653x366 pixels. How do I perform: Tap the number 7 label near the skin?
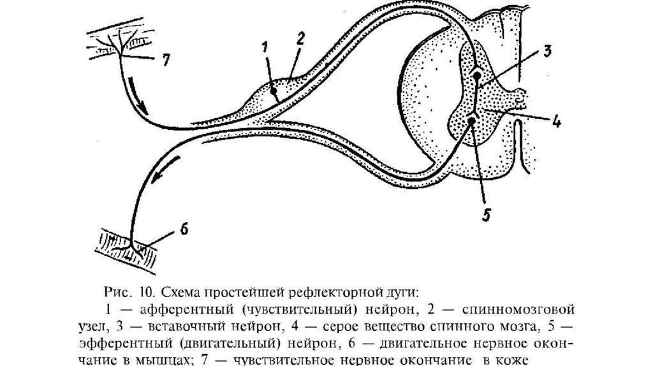(165, 60)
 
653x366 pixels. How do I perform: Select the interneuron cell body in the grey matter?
(477, 77)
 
